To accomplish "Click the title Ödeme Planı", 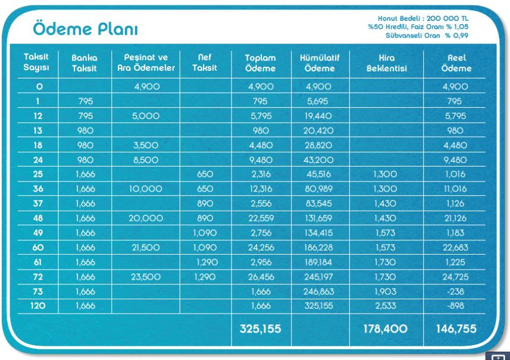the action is [x=86, y=29].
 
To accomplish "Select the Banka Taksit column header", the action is [x=85, y=63].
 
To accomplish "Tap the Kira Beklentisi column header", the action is [x=387, y=63].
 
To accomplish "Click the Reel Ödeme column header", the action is [x=456, y=63].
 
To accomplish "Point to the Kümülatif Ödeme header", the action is [x=320, y=63].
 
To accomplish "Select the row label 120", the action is [x=37, y=306].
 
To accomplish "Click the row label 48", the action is [x=37, y=218].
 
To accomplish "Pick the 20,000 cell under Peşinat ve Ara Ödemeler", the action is [x=146, y=218].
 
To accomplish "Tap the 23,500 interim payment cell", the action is [x=146, y=277].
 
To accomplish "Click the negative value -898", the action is [x=455, y=306].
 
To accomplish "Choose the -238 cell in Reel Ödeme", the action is [x=455, y=292].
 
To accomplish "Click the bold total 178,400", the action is [x=386, y=329].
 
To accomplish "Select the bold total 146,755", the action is [x=456, y=329].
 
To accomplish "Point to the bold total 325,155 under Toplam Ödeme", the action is [x=260, y=329].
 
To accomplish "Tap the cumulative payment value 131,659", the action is [x=319, y=218].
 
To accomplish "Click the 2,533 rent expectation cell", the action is [x=386, y=306].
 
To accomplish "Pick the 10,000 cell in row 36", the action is [x=146, y=189].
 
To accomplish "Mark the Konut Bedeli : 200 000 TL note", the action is [x=423, y=18].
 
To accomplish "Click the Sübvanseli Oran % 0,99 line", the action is [x=427, y=36].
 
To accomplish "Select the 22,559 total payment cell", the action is [x=261, y=218].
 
